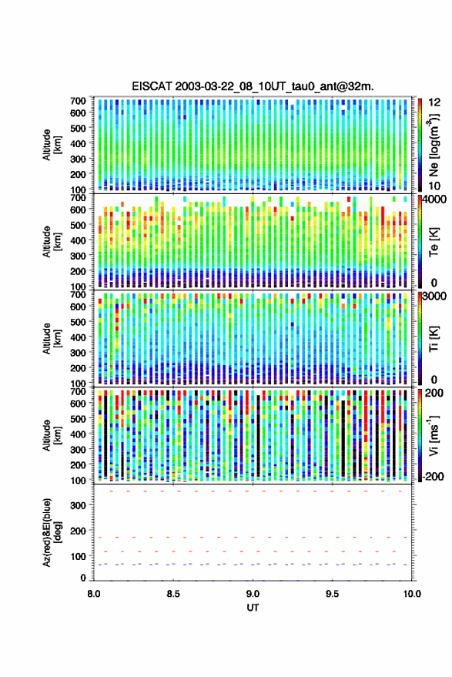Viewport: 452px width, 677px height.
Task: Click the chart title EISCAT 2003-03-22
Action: coord(253,86)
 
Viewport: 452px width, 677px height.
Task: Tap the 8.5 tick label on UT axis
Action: coord(173,594)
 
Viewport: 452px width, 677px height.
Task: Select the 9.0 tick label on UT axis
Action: coord(253,594)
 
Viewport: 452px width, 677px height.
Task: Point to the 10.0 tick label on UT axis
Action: coord(412,594)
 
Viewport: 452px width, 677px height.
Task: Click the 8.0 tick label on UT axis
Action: coord(94,594)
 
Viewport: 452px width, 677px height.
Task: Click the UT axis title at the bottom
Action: coord(253,608)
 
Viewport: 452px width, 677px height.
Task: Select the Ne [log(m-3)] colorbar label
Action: coord(434,145)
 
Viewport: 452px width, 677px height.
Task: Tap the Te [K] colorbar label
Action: coord(434,242)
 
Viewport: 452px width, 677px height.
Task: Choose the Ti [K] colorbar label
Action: coord(434,339)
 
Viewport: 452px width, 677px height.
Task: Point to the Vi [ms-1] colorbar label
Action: coord(434,435)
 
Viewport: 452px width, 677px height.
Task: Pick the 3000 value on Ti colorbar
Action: coord(435,297)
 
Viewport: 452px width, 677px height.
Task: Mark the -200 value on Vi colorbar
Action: coord(433,476)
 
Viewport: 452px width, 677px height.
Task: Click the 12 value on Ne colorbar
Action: coord(434,102)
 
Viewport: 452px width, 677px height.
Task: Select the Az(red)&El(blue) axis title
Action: coord(52,532)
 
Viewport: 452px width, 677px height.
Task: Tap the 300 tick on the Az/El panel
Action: coord(78,505)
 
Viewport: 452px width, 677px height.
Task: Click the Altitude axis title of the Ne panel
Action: coord(52,145)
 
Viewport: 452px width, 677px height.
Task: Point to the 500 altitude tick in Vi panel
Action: coord(78,418)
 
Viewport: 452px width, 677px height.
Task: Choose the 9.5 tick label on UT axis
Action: coord(332,594)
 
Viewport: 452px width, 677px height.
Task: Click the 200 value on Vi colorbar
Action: coord(434,393)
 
